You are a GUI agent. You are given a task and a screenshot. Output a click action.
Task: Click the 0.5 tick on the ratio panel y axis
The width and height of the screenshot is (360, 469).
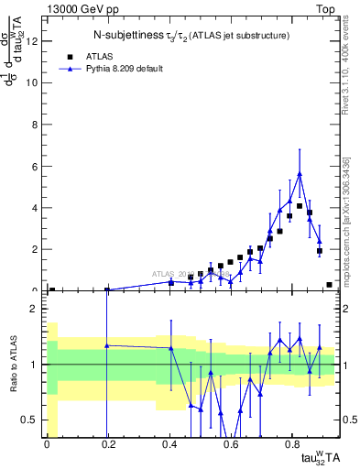(x=35, y=420)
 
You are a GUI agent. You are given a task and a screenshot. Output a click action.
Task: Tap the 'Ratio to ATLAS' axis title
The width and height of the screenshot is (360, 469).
(x=15, y=365)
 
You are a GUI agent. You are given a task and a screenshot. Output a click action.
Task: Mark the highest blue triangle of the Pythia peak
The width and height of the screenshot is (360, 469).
(x=300, y=174)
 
